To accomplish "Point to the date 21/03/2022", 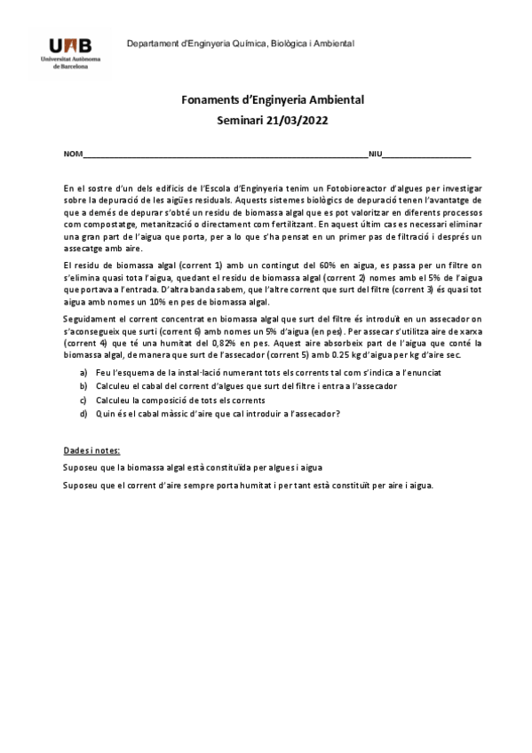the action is [x=300, y=119].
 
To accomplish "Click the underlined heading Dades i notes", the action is [x=92, y=450].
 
